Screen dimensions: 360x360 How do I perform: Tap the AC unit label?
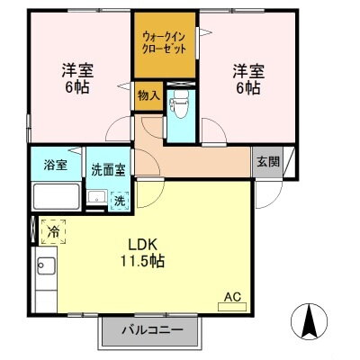pyautogui.click(x=231, y=294)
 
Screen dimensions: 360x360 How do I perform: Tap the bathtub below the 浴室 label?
pyautogui.click(x=56, y=196)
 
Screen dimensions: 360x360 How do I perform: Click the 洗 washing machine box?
pyautogui.click(x=119, y=200)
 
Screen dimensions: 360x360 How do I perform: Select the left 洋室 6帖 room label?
pyautogui.click(x=78, y=78)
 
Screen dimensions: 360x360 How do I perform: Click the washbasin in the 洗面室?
pyautogui.click(x=96, y=198)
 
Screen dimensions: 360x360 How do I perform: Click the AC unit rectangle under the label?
pyautogui.click(x=231, y=306)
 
